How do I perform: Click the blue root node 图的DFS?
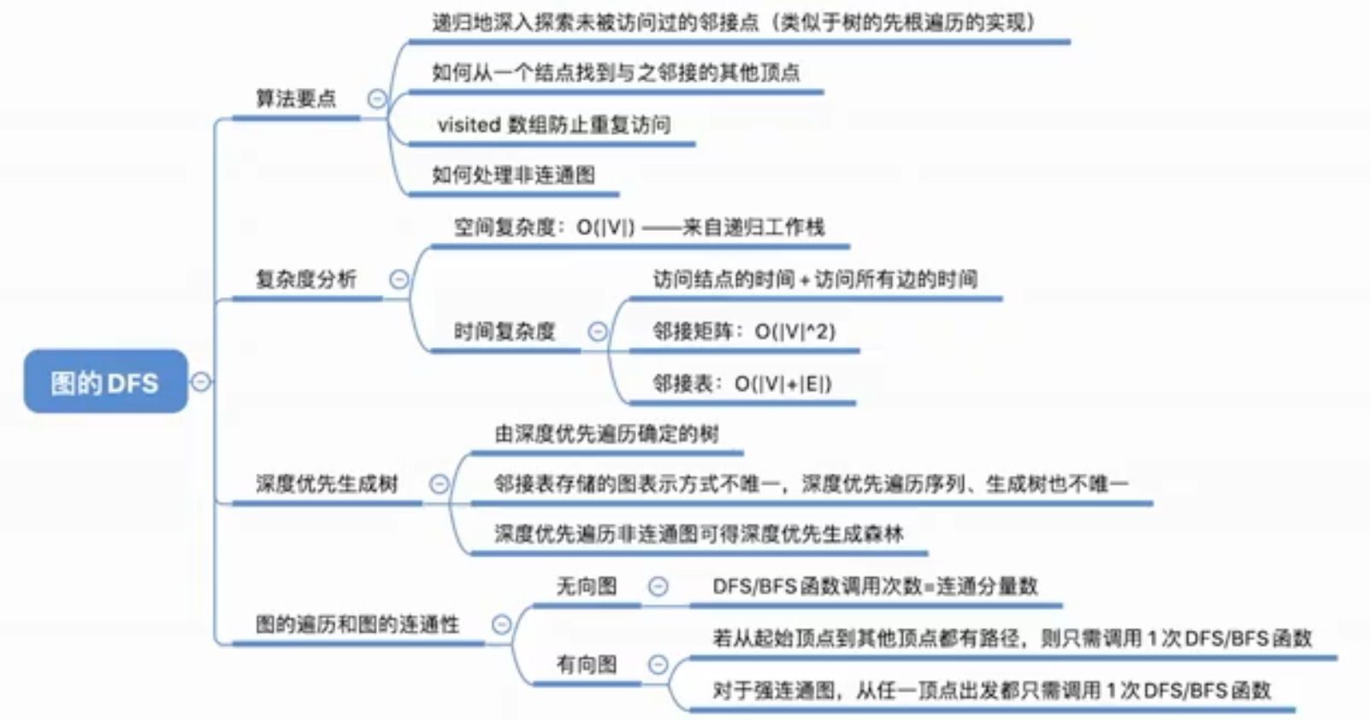104,381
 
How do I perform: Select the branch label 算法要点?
296,98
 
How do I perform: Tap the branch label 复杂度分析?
305,279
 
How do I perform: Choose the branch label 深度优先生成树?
327,484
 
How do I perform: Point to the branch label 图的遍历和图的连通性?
357,624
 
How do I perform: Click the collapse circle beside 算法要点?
376,99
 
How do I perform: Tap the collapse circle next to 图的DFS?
201,381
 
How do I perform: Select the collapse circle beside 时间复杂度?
598,332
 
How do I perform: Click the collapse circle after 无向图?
658,587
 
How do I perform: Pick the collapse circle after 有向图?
658,664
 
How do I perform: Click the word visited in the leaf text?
469,125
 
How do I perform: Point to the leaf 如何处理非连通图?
513,175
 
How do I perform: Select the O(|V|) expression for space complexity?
605,227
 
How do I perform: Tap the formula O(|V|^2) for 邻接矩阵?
794,332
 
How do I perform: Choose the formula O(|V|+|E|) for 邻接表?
782,384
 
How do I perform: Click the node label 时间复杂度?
505,332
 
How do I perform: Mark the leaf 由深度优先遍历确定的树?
606,434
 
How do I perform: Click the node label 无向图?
587,587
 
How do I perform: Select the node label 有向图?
587,664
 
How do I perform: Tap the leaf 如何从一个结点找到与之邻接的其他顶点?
616,73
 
